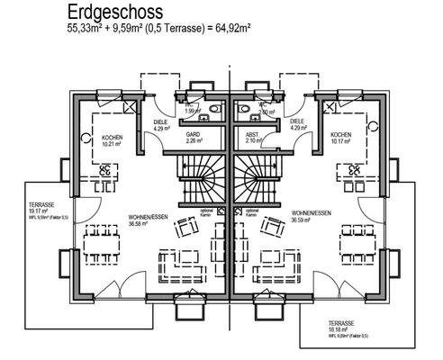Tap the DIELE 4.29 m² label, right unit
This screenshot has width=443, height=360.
pos(297,125)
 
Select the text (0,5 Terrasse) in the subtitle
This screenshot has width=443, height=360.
pos(171,29)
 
